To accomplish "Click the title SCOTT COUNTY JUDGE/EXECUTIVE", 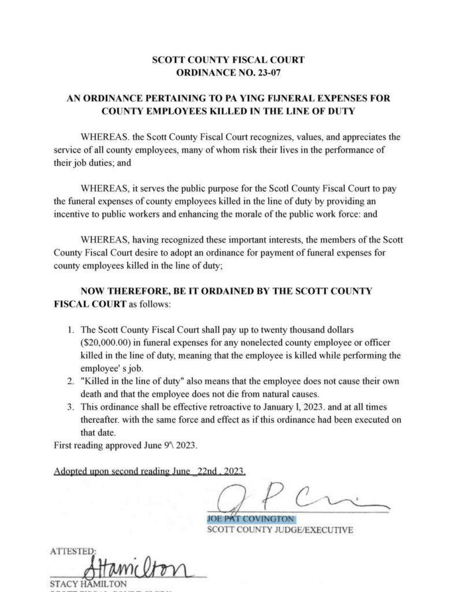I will [x=280, y=530].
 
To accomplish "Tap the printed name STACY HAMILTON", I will [x=84, y=584].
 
